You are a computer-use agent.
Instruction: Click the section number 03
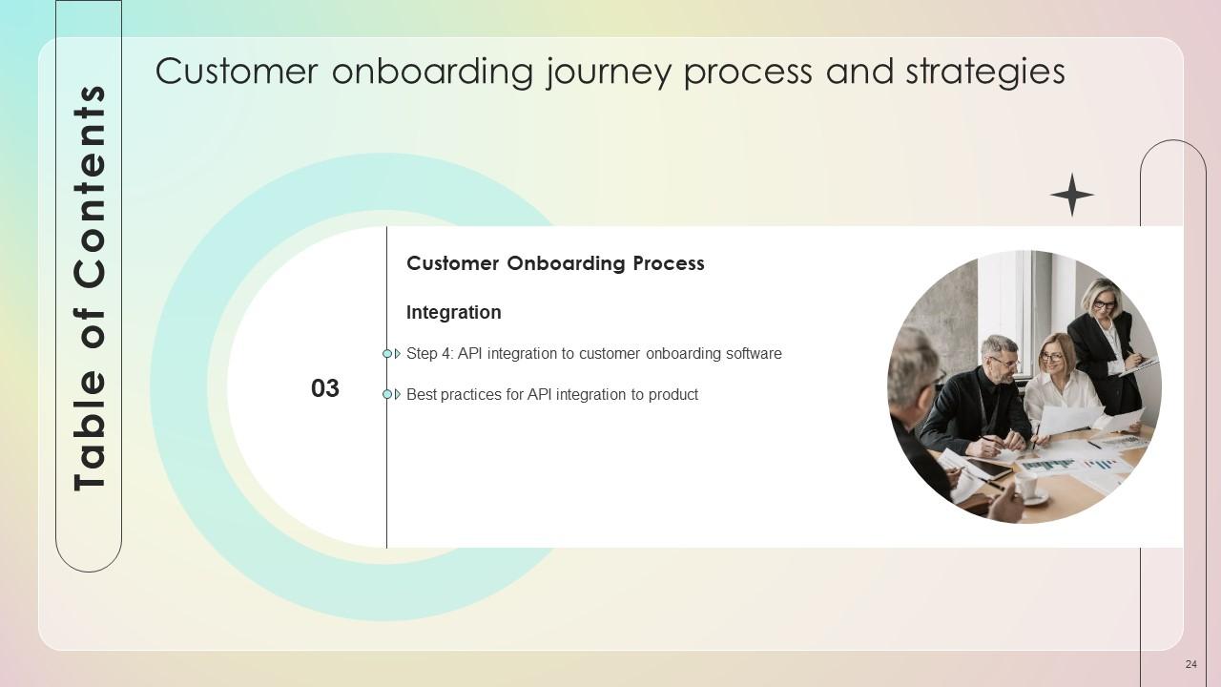tap(325, 388)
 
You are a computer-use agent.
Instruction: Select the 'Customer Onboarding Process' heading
tap(555, 263)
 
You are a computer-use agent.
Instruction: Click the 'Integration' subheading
tap(453, 312)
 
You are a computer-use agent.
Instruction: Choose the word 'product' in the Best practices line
tap(673, 395)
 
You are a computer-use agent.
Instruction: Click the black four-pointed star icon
tap(1071, 195)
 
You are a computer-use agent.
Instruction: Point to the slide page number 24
tap(1190, 664)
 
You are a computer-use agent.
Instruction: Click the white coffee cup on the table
tap(1026, 487)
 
